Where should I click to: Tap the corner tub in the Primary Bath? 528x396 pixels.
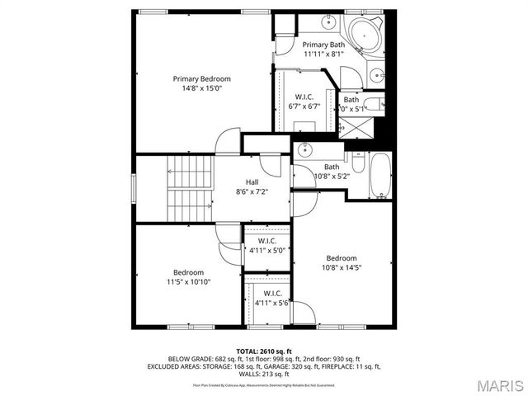tap(364, 35)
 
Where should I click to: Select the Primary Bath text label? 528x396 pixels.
tap(323, 45)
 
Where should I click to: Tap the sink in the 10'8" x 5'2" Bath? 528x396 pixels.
tap(305, 150)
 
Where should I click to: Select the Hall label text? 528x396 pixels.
tap(253, 182)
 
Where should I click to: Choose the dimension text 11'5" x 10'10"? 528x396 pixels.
tap(187, 281)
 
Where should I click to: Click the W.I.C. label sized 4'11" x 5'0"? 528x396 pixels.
tap(266, 241)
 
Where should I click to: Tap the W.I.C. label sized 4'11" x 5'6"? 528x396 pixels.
tap(272, 293)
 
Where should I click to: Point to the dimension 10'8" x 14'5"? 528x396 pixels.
tap(342, 266)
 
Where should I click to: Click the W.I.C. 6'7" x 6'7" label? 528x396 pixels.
tap(304, 97)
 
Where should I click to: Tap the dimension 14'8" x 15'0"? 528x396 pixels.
tap(197, 87)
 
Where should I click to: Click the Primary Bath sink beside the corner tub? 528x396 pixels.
tap(377, 74)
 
